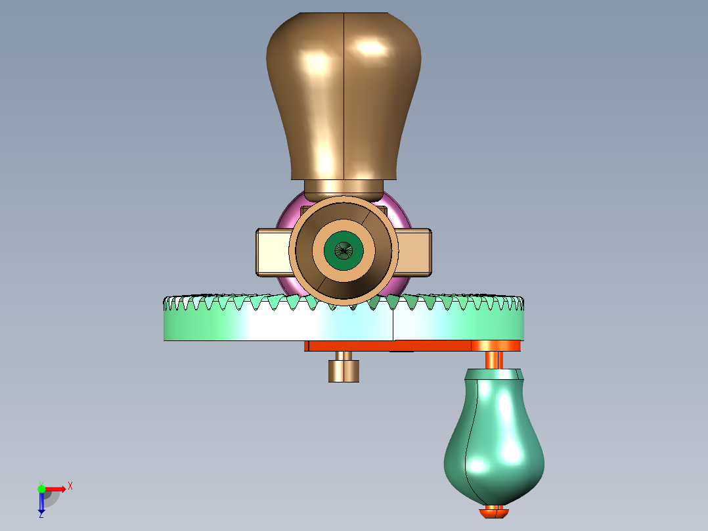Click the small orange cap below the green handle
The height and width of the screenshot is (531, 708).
pyautogui.click(x=493, y=513)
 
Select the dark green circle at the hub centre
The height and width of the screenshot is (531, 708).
pyautogui.click(x=343, y=251)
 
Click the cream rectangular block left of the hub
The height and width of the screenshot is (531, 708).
pyautogui.click(x=274, y=252)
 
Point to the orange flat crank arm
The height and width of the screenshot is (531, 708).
pyautogui.click(x=412, y=346)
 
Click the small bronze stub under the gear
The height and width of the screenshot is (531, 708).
pyautogui.click(x=343, y=367)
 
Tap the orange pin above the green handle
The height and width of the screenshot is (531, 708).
pyautogui.click(x=494, y=360)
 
